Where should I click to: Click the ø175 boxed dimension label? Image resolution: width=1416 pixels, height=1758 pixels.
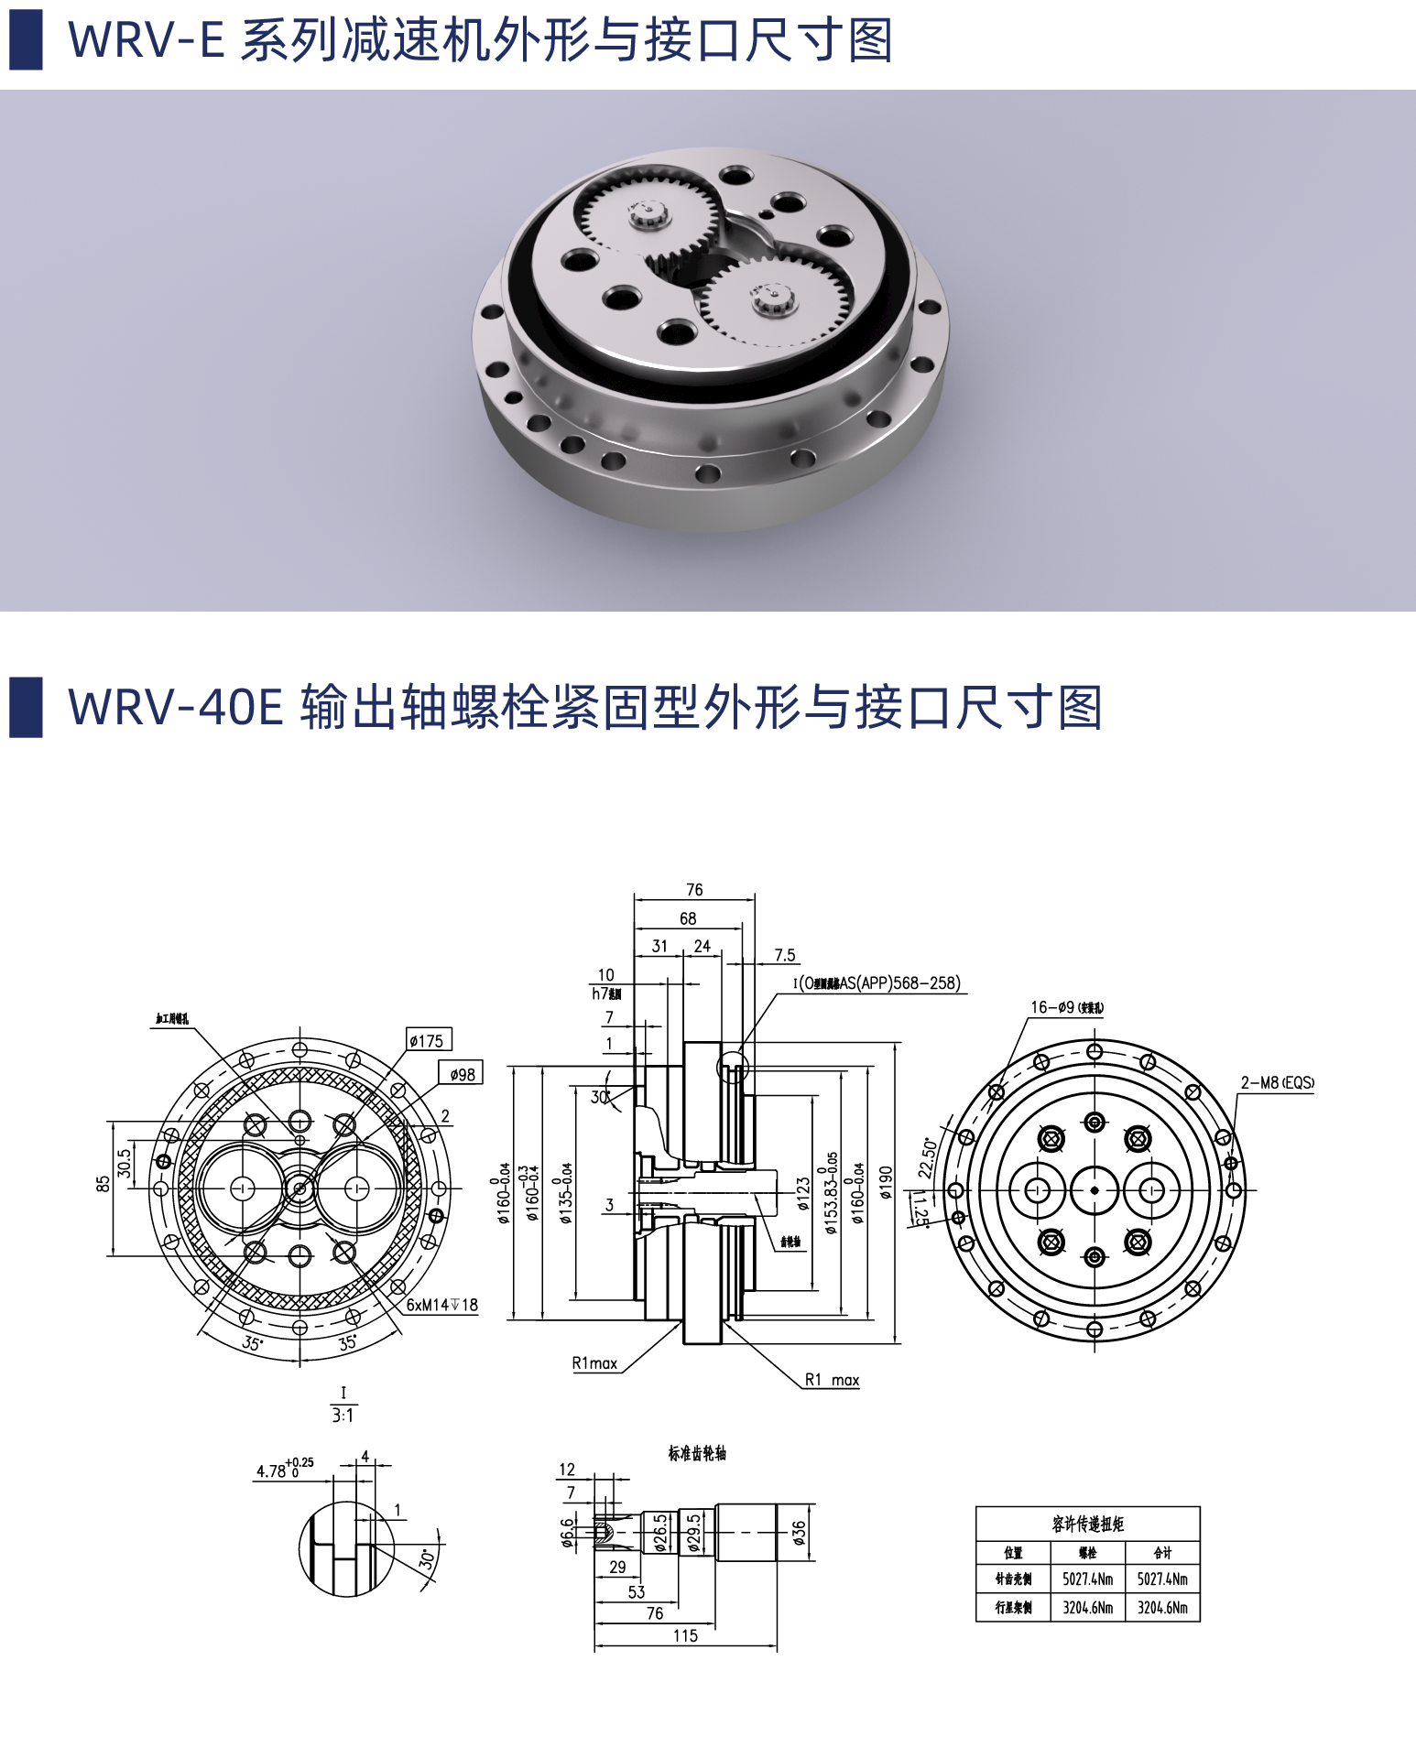coord(429,1040)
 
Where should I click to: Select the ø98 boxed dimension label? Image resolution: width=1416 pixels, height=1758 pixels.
coord(462,1074)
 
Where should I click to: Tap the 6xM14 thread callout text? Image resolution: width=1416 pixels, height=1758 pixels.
coord(442,1305)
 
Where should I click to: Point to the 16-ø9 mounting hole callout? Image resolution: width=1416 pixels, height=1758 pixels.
coord(1066,1007)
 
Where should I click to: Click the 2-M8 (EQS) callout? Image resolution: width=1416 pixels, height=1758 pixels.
coord(1277,1082)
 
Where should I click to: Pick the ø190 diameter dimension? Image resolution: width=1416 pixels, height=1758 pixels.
coord(886,1182)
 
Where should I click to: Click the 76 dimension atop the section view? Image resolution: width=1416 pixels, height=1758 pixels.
coord(694,890)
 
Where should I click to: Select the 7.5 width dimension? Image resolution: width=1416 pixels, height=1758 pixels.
coord(785,955)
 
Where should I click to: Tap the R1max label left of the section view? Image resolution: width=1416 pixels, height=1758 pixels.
coord(595,1363)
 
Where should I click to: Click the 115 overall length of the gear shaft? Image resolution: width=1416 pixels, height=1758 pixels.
coord(685,1635)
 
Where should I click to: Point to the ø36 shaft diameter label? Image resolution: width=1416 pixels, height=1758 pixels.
coord(799,1533)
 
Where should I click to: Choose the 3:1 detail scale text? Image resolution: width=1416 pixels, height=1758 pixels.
coord(343,1416)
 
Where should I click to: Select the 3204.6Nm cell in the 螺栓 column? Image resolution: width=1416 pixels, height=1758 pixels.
coord(1087,1607)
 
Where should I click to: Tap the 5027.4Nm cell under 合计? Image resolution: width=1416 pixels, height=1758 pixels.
coord(1162,1579)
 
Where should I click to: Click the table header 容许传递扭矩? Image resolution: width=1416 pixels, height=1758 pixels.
coord(1087,1524)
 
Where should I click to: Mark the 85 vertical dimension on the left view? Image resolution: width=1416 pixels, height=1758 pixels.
coord(103,1184)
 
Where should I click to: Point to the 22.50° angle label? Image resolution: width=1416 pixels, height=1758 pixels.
coord(928,1158)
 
